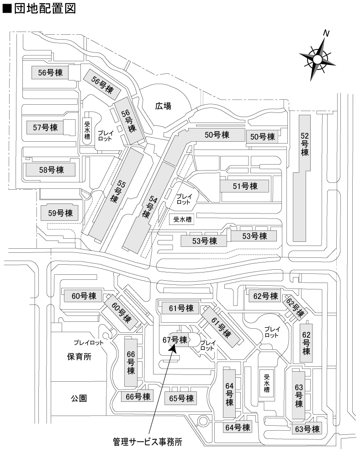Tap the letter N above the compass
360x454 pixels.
point(326,33)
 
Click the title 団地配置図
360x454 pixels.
point(39,9)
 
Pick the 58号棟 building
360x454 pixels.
point(51,170)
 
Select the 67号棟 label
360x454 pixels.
point(175,340)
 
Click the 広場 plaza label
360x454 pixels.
point(163,106)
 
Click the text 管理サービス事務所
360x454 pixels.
point(148,442)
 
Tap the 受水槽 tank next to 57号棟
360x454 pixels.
point(87,131)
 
